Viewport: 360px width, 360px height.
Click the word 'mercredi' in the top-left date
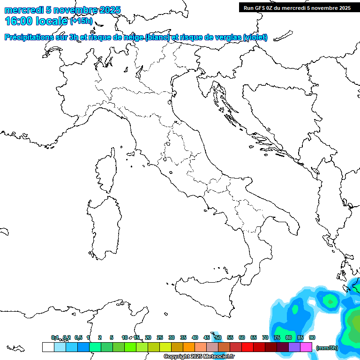23,10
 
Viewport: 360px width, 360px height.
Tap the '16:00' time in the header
19,21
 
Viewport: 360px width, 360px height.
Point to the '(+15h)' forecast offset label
81,22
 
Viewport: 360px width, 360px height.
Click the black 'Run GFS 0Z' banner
297,7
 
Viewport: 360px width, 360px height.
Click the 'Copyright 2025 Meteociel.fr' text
199,357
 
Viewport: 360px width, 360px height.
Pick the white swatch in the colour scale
48,347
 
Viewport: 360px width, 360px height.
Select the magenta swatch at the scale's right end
306,347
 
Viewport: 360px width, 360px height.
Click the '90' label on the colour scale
312,337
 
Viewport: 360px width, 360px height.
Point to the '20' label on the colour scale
148,337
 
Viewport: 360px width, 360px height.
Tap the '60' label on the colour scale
242,337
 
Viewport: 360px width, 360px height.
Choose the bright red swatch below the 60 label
247,347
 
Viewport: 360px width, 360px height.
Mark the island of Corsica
106,171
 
